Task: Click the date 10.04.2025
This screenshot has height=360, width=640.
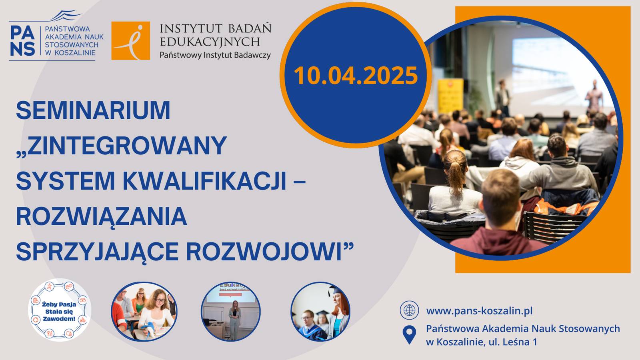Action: click(356, 76)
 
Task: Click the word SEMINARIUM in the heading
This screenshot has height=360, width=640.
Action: click(93, 110)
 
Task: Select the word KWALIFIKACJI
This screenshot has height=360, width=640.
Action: click(205, 181)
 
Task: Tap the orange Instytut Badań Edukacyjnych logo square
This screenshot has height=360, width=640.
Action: click(130, 40)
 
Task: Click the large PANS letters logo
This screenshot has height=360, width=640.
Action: click(22, 40)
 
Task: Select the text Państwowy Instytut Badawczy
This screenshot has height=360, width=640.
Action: click(215, 55)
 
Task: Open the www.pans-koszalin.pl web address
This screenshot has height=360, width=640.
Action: click(480, 311)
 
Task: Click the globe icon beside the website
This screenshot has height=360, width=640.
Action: click(410, 310)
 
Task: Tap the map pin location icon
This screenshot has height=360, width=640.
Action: click(409, 335)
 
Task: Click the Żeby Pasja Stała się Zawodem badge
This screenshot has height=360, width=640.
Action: click(60, 310)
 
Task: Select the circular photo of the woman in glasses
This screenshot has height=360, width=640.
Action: click(144, 312)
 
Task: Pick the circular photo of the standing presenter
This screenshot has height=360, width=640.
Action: click(230, 312)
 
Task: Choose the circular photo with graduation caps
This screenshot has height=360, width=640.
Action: click(320, 312)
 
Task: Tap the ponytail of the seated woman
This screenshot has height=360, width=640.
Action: click(456, 174)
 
